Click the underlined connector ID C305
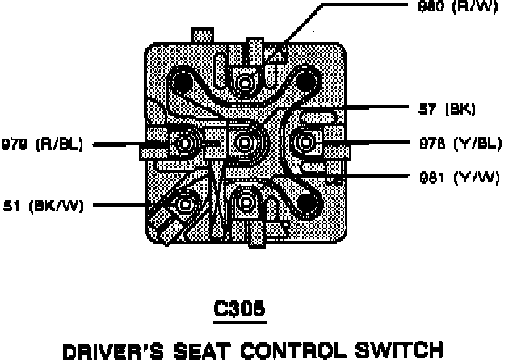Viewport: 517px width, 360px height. click(x=242, y=308)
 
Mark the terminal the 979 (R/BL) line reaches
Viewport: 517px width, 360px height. click(x=186, y=145)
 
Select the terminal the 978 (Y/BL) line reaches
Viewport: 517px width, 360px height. click(x=305, y=144)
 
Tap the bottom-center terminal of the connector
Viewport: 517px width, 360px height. click(x=246, y=201)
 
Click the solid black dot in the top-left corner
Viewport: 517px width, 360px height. click(x=183, y=83)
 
